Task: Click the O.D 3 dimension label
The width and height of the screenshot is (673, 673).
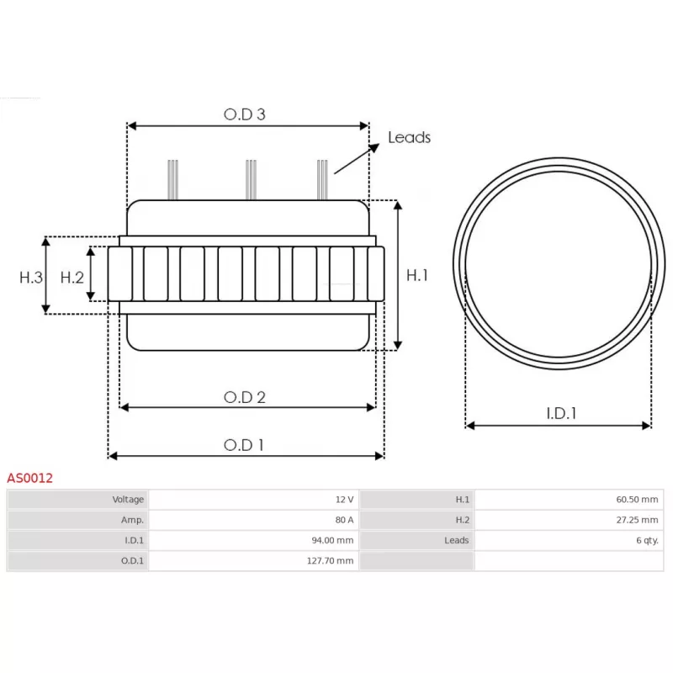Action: tap(245, 114)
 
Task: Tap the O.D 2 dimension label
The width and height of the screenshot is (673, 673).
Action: tap(245, 397)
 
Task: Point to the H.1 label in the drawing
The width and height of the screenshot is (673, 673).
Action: tap(417, 275)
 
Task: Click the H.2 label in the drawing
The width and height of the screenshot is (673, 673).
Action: tap(72, 277)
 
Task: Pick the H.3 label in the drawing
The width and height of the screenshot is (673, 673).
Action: tap(31, 277)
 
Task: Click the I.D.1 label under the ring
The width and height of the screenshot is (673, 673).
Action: tap(561, 413)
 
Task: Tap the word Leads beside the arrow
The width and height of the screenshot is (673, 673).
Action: tap(409, 137)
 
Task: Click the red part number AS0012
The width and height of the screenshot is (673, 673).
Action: tap(30, 478)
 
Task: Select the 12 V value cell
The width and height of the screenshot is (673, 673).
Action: tap(344, 500)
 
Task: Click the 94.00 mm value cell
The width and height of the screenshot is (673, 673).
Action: tap(333, 540)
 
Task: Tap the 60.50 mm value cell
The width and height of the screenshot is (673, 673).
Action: tap(637, 500)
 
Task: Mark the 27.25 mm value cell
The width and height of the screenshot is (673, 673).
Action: tap(637, 520)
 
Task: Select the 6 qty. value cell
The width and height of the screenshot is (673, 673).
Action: tap(644, 540)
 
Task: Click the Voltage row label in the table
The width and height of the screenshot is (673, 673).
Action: tap(128, 500)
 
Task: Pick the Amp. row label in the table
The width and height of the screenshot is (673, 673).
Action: tap(132, 520)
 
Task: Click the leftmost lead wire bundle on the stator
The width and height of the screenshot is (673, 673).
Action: tap(172, 179)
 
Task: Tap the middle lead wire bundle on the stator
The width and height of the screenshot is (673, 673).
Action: tap(250, 179)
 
